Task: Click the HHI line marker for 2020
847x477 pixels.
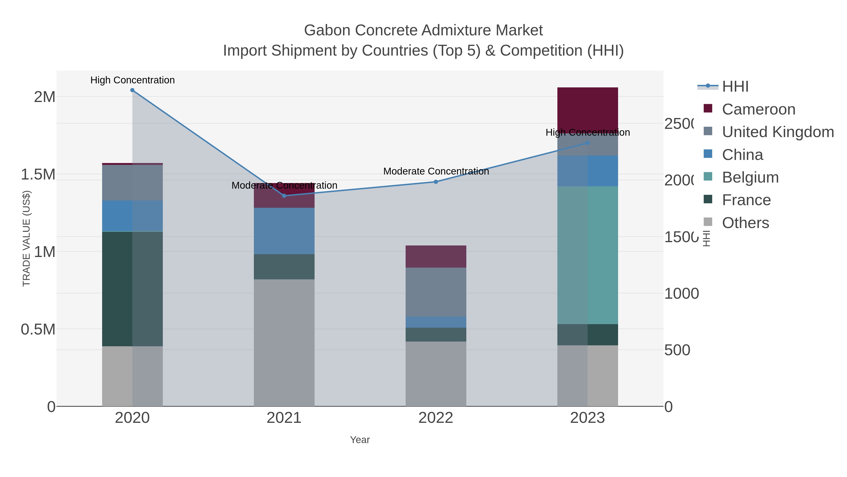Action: (x=132, y=90)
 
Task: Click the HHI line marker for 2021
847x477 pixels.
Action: (x=284, y=196)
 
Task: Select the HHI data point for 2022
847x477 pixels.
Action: (x=436, y=182)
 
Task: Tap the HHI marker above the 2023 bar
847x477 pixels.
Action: (x=587, y=143)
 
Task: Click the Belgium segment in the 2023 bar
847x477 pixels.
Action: (x=587, y=255)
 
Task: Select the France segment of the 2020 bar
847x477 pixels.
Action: (x=132, y=289)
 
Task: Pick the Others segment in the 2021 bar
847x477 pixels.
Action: (x=284, y=342)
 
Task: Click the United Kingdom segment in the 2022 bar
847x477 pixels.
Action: (x=436, y=292)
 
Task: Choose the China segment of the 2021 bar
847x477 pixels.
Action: (x=284, y=231)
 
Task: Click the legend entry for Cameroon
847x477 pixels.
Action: (x=758, y=109)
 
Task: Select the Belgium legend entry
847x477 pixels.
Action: (x=750, y=177)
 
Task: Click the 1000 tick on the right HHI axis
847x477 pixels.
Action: (x=681, y=294)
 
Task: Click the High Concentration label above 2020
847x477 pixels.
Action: (x=132, y=80)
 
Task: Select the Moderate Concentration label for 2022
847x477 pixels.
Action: (x=436, y=171)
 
